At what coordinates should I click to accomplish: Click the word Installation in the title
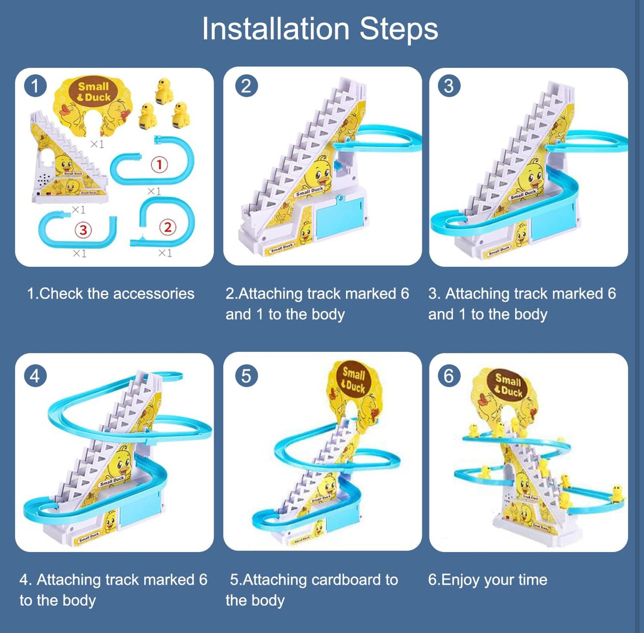(x=275, y=29)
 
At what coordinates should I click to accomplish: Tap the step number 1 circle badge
(x=35, y=86)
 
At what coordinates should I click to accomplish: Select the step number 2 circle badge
(x=246, y=86)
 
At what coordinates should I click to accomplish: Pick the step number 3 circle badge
(x=448, y=86)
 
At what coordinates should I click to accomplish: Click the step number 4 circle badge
(x=35, y=376)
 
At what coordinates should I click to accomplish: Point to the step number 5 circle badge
(x=246, y=376)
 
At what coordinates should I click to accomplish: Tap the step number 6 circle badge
(x=448, y=376)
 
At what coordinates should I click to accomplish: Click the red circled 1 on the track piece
(x=159, y=164)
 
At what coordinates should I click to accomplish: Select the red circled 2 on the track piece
(x=168, y=227)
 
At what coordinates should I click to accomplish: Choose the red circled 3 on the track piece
(x=83, y=230)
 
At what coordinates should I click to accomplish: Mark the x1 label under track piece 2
(x=165, y=254)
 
